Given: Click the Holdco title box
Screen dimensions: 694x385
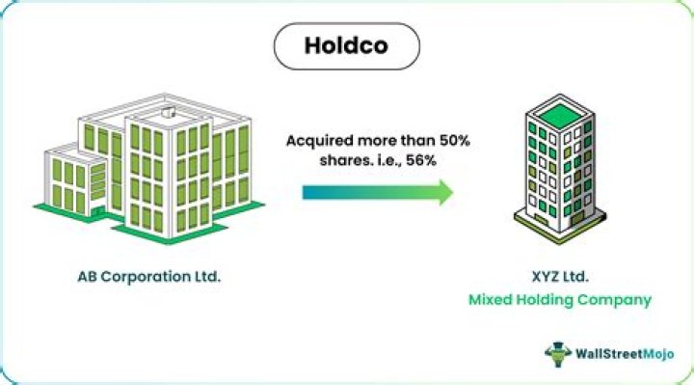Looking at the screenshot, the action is click(x=347, y=45).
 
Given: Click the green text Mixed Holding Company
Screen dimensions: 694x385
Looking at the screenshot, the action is click(x=560, y=300).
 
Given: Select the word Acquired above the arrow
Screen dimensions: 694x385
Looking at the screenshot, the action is click(x=317, y=140).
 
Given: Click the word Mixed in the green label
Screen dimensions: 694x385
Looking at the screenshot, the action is click(x=492, y=300).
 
